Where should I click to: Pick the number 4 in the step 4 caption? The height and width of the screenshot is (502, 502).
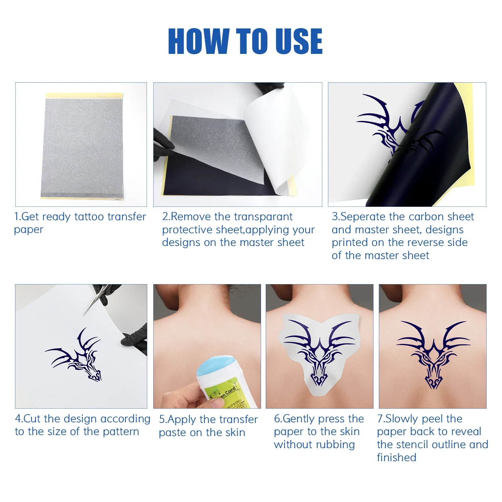(x=18, y=419)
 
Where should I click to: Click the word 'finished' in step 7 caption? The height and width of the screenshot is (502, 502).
(x=397, y=457)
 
